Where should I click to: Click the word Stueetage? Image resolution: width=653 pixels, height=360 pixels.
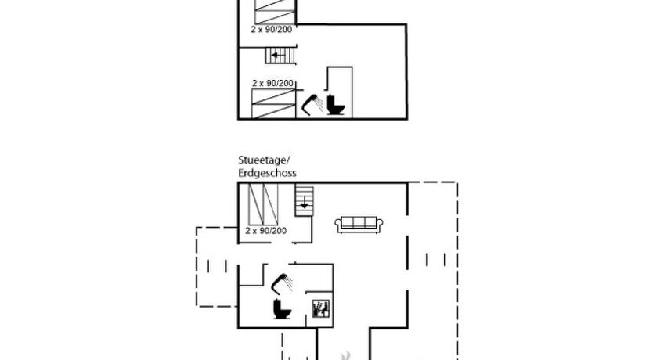tap(262, 160)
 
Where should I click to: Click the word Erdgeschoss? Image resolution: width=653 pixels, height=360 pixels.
tap(267, 173)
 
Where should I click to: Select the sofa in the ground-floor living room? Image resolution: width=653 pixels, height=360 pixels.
tap(359, 225)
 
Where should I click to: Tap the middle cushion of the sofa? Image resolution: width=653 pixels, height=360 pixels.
tap(359, 222)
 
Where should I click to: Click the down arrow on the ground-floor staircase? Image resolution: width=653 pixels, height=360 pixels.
tap(305, 202)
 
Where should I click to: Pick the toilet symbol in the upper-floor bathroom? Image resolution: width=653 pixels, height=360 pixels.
tap(336, 105)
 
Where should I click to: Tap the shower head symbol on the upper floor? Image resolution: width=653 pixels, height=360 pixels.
tap(312, 105)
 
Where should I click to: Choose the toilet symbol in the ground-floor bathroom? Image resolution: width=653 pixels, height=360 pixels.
tap(282, 309)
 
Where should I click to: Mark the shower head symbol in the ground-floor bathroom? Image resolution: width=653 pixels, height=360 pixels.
tap(282, 284)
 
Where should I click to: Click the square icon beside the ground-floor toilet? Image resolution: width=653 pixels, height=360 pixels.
tap(321, 308)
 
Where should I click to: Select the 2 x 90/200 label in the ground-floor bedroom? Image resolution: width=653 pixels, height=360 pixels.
tap(265, 231)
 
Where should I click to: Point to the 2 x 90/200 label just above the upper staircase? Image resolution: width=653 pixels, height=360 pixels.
tap(272, 30)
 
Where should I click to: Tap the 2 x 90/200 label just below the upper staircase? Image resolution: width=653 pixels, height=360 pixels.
tap(272, 83)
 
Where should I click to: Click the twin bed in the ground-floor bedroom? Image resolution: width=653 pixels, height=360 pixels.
tap(263, 205)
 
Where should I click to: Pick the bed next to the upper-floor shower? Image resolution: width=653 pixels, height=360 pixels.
tap(273, 103)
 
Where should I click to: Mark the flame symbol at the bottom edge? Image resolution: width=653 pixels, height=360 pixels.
tap(345, 356)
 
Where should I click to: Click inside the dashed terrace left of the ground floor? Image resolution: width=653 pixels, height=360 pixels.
tap(217, 267)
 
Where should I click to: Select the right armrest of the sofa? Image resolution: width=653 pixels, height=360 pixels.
tap(380, 225)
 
